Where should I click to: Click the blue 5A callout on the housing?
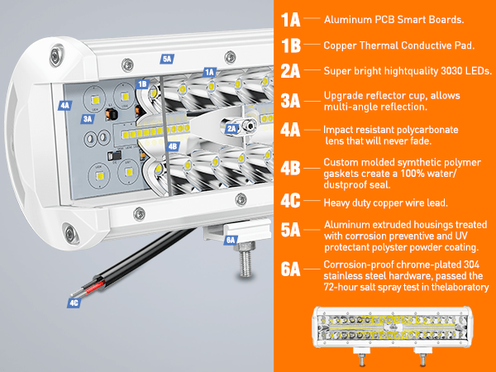(x=167, y=59)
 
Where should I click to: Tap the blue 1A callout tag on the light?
(x=210, y=73)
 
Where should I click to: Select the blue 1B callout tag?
(x=143, y=83)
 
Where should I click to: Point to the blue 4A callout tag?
(x=64, y=105)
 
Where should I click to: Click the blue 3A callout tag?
(x=88, y=119)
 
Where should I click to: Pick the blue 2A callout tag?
(x=231, y=128)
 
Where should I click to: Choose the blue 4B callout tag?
(x=173, y=146)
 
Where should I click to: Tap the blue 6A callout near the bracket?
(x=231, y=240)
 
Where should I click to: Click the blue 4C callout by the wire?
(x=74, y=303)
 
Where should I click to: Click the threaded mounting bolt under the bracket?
(x=246, y=260)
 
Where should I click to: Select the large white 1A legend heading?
(x=290, y=20)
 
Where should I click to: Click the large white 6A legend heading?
(x=290, y=269)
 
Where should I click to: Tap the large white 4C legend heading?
(x=290, y=201)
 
